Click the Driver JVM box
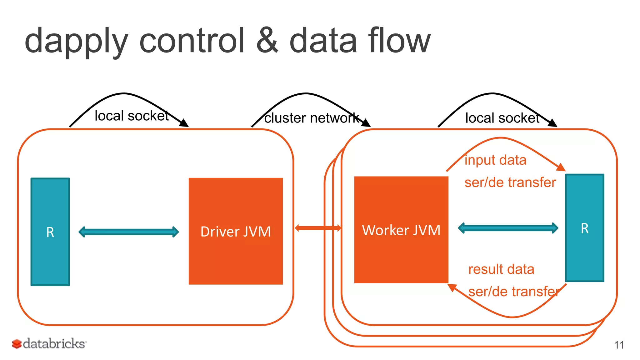[x=236, y=231]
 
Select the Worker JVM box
[x=401, y=230]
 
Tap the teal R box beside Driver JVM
[x=50, y=232]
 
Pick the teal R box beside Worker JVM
[x=585, y=228]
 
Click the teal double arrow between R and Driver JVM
[x=128, y=232]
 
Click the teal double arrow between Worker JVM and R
[x=508, y=228]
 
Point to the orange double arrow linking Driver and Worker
[x=318, y=228]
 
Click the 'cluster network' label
[x=311, y=118]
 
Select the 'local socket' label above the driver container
[x=132, y=116]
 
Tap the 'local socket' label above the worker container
[x=502, y=118]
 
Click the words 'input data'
[x=495, y=160]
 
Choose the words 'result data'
[x=501, y=269]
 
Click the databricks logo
[x=49, y=344]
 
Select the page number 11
[x=619, y=345]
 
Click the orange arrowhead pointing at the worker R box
[x=561, y=167]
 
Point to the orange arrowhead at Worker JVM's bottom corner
[x=452, y=287]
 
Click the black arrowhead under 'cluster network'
[x=366, y=123]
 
